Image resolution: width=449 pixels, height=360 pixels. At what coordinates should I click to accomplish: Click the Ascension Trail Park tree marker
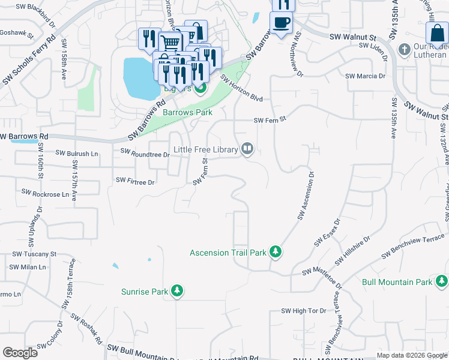pyautogui.click(x=276, y=252)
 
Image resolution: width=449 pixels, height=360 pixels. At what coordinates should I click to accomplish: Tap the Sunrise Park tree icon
pyautogui.click(x=177, y=292)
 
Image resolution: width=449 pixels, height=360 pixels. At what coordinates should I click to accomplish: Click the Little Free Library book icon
pyautogui.click(x=247, y=149)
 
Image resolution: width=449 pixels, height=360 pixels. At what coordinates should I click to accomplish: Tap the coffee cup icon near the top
pyautogui.click(x=282, y=23)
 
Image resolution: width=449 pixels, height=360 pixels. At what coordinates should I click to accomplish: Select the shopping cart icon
pyautogui.click(x=170, y=43)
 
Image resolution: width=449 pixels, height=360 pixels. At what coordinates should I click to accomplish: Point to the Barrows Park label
pyautogui.click(x=186, y=112)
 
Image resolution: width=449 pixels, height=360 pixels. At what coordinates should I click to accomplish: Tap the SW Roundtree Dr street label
pyautogui.click(x=146, y=154)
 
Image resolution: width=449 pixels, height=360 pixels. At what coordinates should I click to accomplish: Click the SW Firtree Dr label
pyautogui.click(x=135, y=181)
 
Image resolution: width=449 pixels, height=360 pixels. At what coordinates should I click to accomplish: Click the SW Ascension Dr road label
pyautogui.click(x=305, y=197)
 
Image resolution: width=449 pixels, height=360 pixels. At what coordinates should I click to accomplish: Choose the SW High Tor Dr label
pyautogui.click(x=304, y=311)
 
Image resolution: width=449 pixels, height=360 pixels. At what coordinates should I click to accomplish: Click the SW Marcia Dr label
pyautogui.click(x=365, y=76)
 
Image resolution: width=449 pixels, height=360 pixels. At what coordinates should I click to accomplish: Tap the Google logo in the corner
pyautogui.click(x=20, y=352)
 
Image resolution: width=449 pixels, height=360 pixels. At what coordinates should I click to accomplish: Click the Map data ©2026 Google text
pyautogui.click(x=411, y=355)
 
